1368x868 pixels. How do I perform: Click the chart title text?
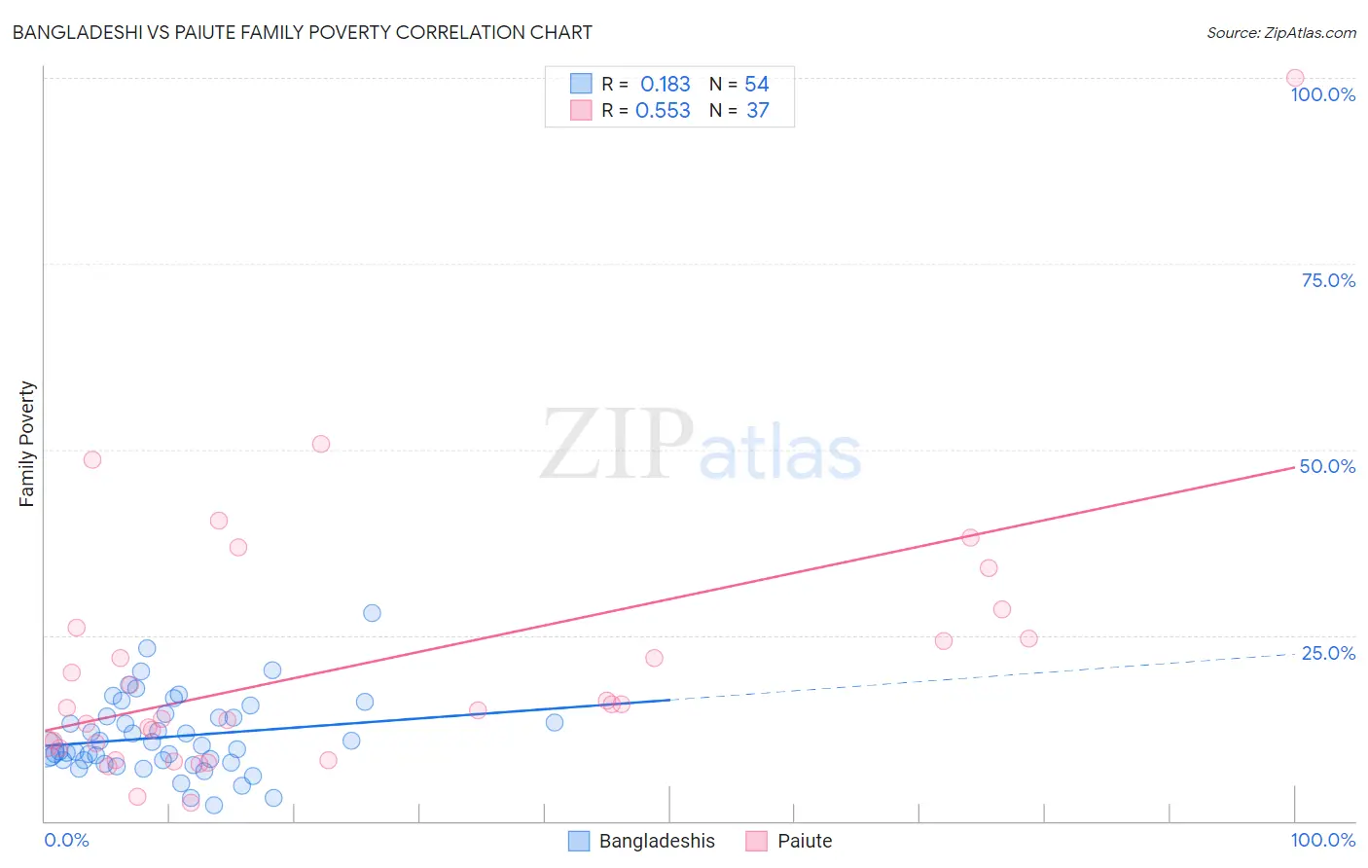[x=302, y=32]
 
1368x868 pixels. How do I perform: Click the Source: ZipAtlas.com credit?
[x=1280, y=33]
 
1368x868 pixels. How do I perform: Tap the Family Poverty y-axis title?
[x=27, y=444]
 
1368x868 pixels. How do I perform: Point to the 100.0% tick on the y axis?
[x=1322, y=94]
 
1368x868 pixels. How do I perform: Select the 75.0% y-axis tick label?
[x=1328, y=280]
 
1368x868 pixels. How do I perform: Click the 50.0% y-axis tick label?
[x=1327, y=466]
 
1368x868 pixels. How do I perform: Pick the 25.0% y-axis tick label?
[x=1328, y=653]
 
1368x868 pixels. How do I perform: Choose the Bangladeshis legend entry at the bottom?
[x=642, y=842]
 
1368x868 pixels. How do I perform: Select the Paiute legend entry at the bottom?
[x=789, y=842]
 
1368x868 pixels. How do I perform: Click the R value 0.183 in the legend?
[x=665, y=85]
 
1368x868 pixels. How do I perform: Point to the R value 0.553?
[x=663, y=111]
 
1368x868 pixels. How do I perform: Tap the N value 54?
[x=757, y=85]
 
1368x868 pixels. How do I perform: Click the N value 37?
[x=757, y=111]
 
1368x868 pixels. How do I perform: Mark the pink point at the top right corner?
[x=1295, y=78]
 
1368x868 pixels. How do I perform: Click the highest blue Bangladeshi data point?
[x=372, y=613]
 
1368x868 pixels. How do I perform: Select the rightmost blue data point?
[x=555, y=722]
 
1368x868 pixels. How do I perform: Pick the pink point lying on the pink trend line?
[x=970, y=537]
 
